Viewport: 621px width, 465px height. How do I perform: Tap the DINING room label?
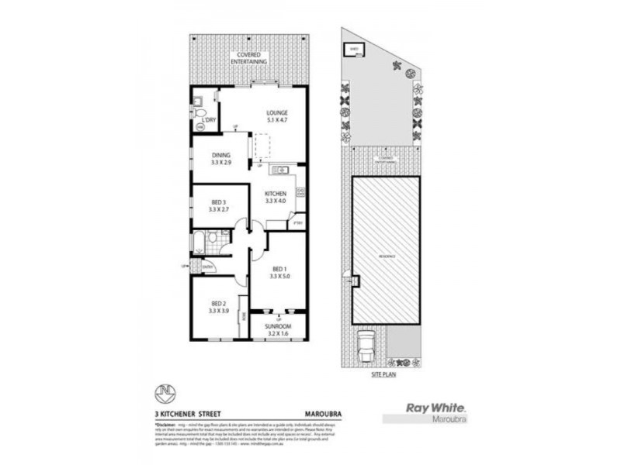pyautogui.click(x=221, y=156)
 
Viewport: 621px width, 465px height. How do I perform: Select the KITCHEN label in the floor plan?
pyautogui.click(x=276, y=194)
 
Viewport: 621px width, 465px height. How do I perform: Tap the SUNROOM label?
pyautogui.click(x=278, y=327)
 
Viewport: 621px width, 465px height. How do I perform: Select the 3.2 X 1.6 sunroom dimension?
pyautogui.click(x=278, y=335)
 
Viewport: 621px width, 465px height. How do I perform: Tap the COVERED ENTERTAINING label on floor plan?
pyautogui.click(x=250, y=56)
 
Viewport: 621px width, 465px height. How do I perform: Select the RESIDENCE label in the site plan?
pyautogui.click(x=387, y=255)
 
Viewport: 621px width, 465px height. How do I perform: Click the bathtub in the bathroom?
pyautogui.click(x=199, y=241)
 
